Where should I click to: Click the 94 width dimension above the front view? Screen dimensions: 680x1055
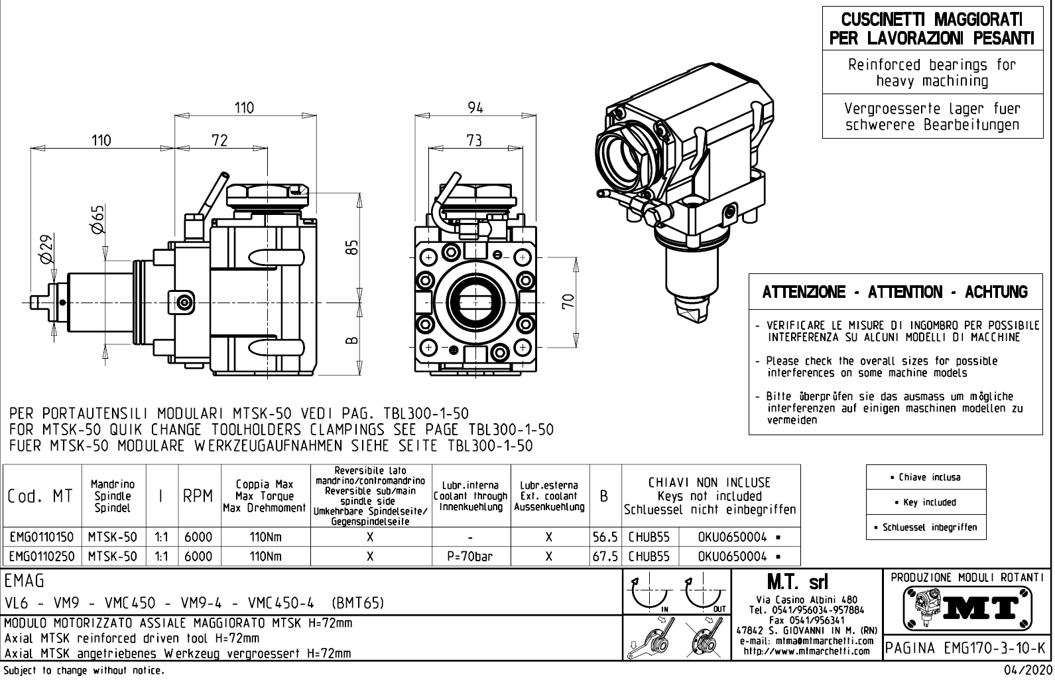[x=475, y=107]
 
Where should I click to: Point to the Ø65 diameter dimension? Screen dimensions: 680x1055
[x=97, y=219]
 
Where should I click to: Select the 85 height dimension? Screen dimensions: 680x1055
[x=353, y=246]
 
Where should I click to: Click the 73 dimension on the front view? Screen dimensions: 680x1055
[x=473, y=140]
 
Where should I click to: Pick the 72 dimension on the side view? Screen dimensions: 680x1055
[x=219, y=140]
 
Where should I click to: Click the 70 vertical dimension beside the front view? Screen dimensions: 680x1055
[x=567, y=302]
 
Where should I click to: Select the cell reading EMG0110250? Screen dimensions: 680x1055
[x=42, y=556]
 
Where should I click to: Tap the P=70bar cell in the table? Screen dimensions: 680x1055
[x=469, y=556]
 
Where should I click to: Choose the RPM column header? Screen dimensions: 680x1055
[x=198, y=496]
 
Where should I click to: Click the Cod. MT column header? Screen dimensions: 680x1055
[x=40, y=496]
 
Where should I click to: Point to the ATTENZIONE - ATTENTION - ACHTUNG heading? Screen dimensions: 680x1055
[x=895, y=292]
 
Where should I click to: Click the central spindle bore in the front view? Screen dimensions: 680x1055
[x=472, y=302]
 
